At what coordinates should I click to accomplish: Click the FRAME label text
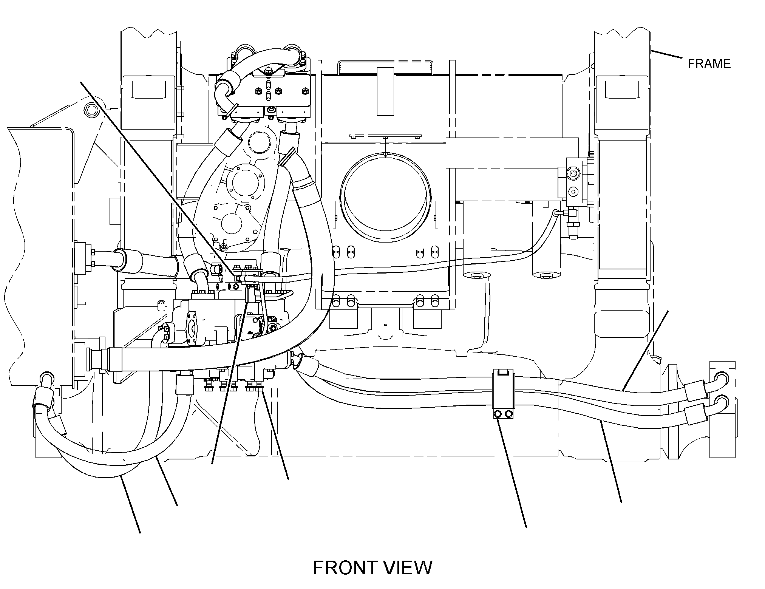[x=709, y=63]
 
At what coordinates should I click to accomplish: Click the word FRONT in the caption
[x=345, y=568]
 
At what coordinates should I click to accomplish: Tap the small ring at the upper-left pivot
[x=91, y=110]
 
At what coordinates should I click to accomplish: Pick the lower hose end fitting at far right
[x=721, y=402]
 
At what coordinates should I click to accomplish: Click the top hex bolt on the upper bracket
[x=268, y=71]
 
